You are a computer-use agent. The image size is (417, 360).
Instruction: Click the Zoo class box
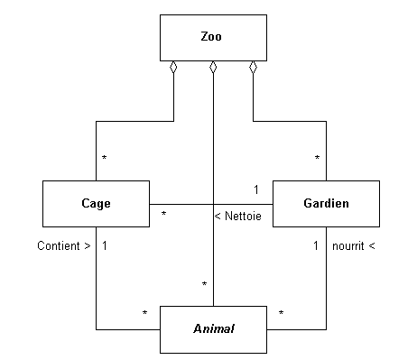(212, 38)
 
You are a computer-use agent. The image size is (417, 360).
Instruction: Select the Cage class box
(96, 203)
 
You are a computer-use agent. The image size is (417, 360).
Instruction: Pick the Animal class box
(213, 328)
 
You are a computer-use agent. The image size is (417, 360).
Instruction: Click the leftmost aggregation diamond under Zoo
(173, 68)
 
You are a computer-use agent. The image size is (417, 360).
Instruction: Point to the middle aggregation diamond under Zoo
(213, 68)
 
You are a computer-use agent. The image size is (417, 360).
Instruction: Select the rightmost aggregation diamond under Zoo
(254, 68)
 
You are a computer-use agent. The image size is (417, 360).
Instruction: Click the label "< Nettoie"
(238, 217)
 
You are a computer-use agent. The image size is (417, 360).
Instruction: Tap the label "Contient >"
(64, 245)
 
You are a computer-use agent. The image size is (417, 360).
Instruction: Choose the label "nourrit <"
(353, 245)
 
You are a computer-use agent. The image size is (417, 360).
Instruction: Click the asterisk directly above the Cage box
(105, 160)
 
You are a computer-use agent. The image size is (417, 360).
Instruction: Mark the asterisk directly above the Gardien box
(317, 160)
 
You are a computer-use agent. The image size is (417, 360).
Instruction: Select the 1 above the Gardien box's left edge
(255, 189)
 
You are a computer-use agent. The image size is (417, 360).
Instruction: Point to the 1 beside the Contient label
(106, 245)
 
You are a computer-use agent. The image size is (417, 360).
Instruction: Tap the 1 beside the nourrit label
(315, 245)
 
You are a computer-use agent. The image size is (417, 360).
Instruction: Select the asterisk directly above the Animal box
(204, 286)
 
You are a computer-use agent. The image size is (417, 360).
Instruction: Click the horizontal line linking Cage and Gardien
(181, 203)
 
